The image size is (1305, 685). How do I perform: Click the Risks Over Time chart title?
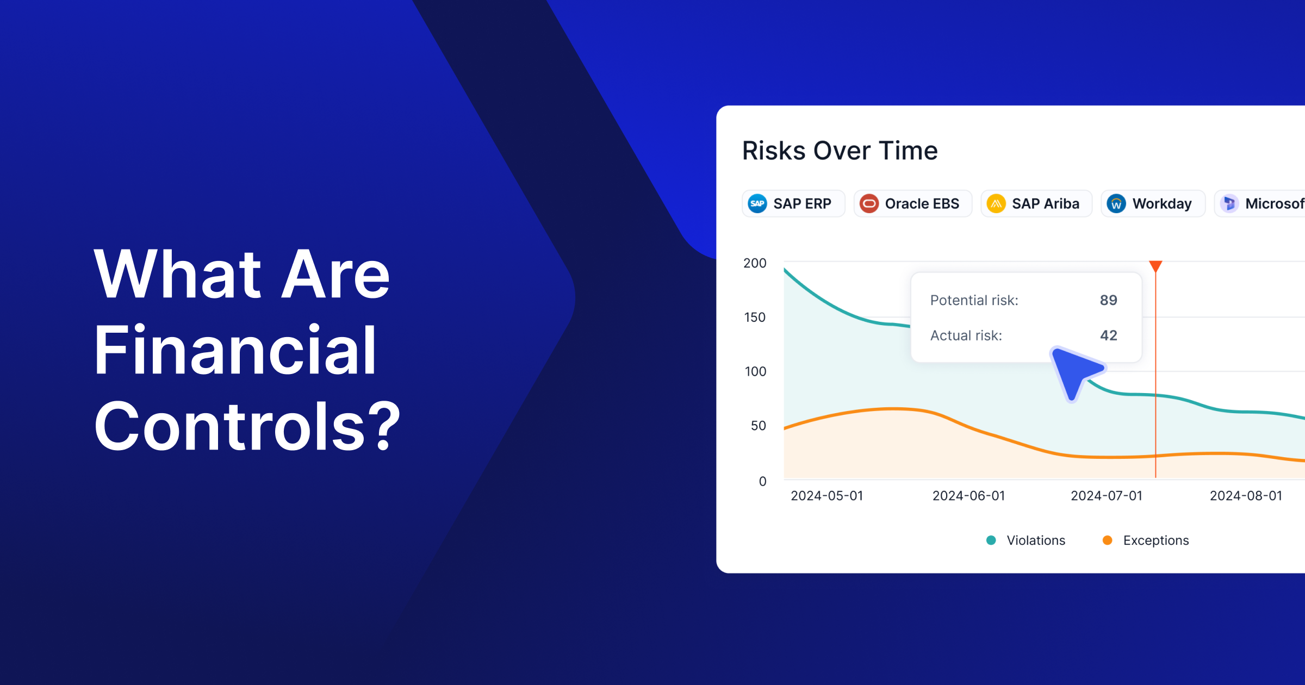pyautogui.click(x=840, y=151)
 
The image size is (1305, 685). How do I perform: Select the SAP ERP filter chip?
pyautogui.click(x=793, y=203)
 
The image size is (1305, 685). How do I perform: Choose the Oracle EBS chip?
pyautogui.click(x=912, y=203)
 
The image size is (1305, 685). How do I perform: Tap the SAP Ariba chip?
pyautogui.click(x=1036, y=203)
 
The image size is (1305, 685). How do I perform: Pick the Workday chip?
pyautogui.click(x=1153, y=203)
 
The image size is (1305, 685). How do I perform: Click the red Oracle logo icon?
pyautogui.click(x=869, y=204)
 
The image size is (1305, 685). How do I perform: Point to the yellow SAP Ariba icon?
pyautogui.click(x=996, y=204)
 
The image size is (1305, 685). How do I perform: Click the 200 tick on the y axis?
pyautogui.click(x=755, y=263)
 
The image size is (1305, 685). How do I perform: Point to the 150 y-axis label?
pyautogui.click(x=755, y=317)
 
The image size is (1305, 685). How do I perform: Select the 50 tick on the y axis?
pyautogui.click(x=758, y=426)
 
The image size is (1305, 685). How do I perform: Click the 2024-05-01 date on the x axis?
pyautogui.click(x=826, y=496)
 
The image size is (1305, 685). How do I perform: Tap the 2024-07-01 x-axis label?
pyautogui.click(x=1107, y=496)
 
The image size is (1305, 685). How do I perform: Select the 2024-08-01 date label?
pyautogui.click(x=1246, y=496)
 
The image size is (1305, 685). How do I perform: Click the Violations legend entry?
pyautogui.click(x=1026, y=540)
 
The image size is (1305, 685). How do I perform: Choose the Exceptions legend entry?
pyautogui.click(x=1145, y=540)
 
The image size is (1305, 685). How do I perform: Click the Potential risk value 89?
pyautogui.click(x=1108, y=300)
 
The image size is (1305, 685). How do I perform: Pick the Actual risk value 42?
pyautogui.click(x=1108, y=335)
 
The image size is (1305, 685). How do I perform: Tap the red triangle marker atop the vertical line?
pyautogui.click(x=1155, y=266)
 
